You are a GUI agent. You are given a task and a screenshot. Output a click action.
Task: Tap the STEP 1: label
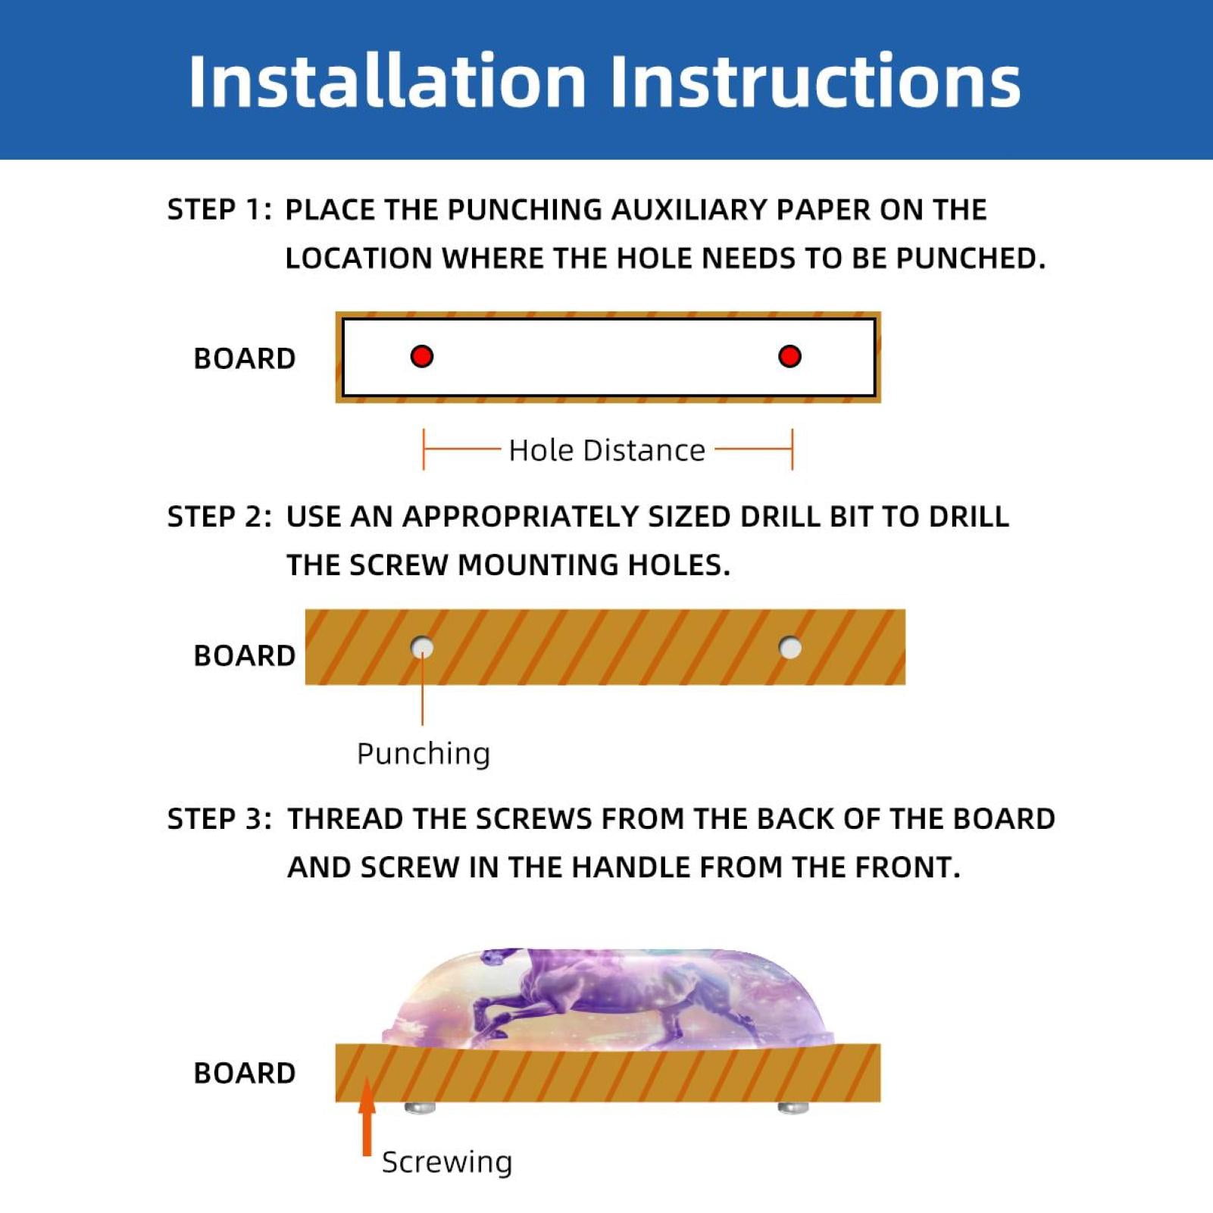click(x=220, y=209)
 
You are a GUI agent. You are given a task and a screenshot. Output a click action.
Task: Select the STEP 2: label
click(x=220, y=516)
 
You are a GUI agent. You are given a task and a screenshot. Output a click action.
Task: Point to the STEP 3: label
click(x=220, y=818)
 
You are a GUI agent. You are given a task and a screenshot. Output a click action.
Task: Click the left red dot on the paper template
click(x=422, y=356)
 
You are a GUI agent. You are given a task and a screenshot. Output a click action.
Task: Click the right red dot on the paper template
click(x=789, y=356)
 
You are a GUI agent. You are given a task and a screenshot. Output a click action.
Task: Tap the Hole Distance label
click(x=607, y=450)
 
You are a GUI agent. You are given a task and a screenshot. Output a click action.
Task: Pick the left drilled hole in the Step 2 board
click(x=422, y=648)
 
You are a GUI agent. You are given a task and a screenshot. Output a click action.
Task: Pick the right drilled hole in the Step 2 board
click(x=790, y=648)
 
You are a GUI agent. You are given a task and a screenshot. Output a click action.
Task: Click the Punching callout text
click(x=424, y=754)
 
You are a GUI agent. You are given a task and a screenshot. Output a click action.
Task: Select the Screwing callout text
click(x=447, y=1161)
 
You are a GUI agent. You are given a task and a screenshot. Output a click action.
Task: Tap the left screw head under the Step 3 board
click(x=420, y=1108)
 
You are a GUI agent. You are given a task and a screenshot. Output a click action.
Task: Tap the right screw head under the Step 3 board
click(x=793, y=1108)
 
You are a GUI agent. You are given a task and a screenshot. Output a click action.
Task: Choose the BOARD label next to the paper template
click(x=244, y=358)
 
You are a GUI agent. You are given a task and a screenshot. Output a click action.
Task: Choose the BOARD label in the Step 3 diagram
click(x=244, y=1073)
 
